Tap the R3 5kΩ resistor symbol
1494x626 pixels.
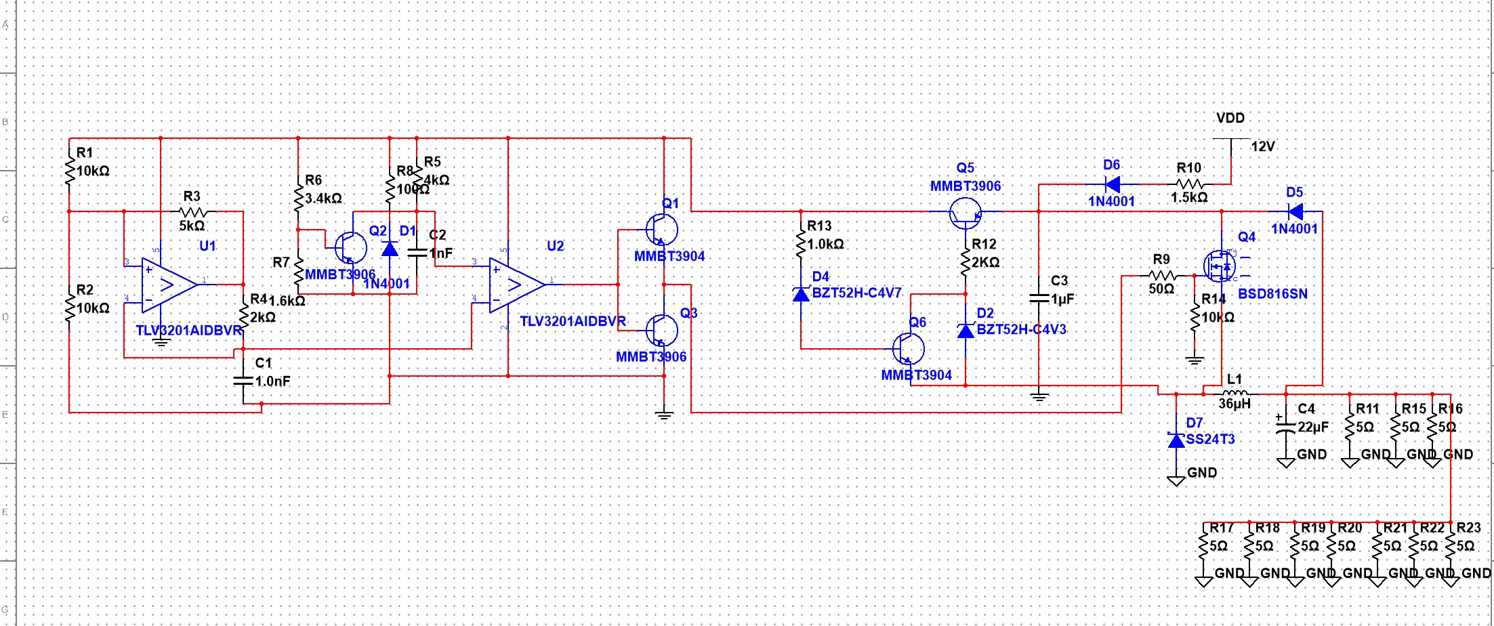point(193,211)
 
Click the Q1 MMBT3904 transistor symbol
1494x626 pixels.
point(661,230)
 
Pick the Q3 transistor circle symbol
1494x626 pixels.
point(661,330)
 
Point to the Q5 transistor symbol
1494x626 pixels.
point(965,213)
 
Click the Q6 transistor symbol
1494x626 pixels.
point(909,348)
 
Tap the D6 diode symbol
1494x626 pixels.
point(1112,184)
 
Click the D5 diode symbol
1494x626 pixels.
point(1295,211)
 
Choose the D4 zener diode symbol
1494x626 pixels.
point(801,294)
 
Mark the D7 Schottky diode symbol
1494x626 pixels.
point(1176,440)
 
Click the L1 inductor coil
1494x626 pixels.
point(1234,393)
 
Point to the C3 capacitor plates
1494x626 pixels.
point(1039,298)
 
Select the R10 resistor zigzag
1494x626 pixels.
point(1190,184)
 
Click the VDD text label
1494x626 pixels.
point(1230,118)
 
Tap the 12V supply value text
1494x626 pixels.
point(1263,146)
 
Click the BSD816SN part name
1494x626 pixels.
point(1272,294)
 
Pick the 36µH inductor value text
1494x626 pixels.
point(1234,404)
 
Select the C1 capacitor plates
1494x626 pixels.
point(243,380)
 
